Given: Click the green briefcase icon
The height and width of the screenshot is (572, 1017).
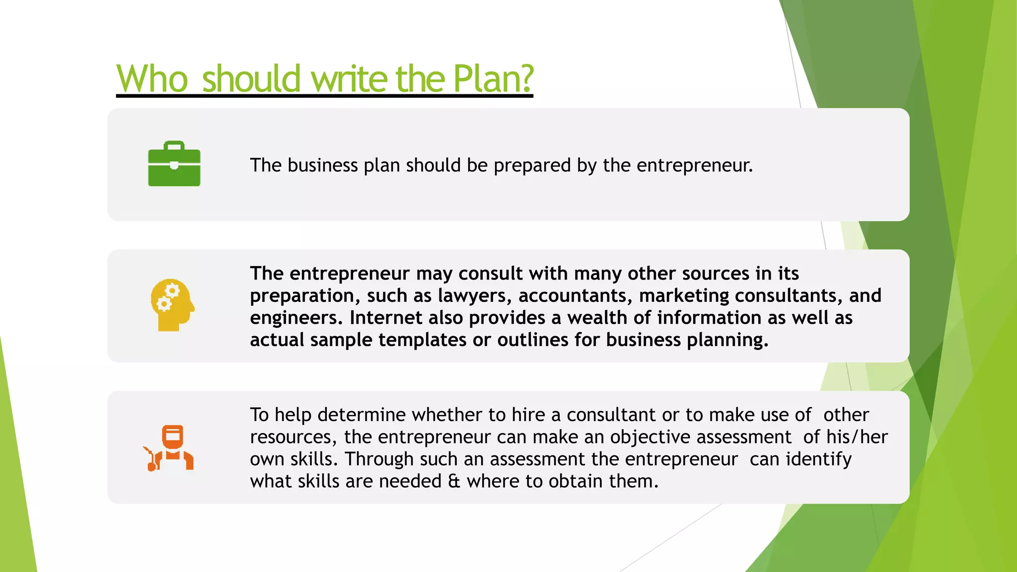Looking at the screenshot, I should (174, 164).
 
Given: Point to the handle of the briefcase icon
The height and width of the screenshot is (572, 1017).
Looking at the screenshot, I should (174, 145).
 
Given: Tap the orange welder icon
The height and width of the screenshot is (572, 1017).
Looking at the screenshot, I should (169, 448).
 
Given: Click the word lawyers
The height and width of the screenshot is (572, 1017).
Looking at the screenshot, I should (475, 295).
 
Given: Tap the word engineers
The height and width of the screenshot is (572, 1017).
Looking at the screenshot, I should (296, 318).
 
